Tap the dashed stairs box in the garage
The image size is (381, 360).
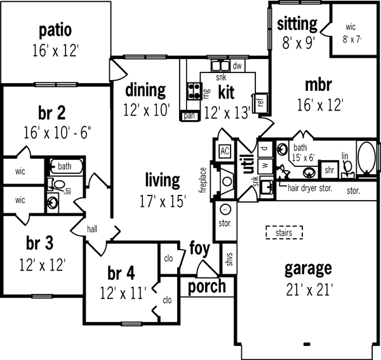[x=283, y=233]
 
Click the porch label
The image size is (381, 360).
[x=206, y=286]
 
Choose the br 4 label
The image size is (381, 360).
[x=121, y=274]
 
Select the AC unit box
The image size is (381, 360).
[x=224, y=151]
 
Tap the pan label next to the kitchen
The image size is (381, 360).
[x=189, y=116]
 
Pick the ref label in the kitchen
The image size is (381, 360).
[x=260, y=102]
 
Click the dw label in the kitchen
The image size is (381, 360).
[x=237, y=65]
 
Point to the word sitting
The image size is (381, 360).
[x=297, y=24]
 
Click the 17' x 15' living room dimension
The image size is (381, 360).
[x=162, y=202]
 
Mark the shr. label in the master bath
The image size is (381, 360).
[x=330, y=170]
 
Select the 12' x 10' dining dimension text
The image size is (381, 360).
[x=147, y=109]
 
